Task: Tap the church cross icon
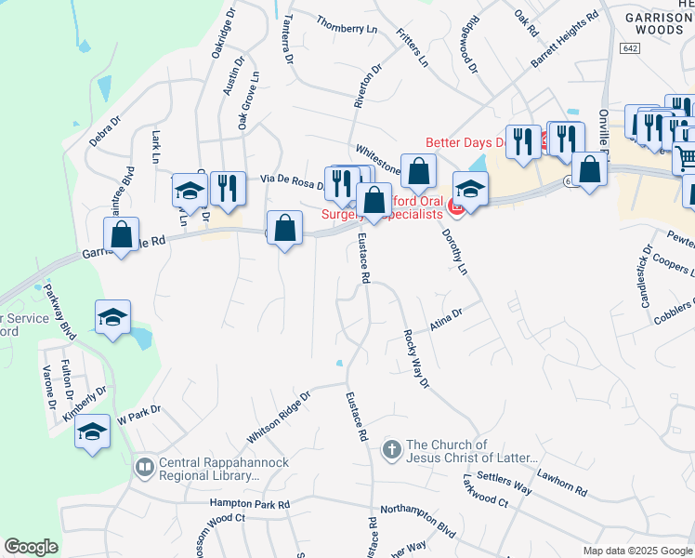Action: [392, 451]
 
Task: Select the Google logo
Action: [31, 547]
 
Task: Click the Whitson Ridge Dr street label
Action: [278, 417]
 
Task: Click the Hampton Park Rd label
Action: [250, 504]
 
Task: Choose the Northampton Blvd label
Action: [418, 520]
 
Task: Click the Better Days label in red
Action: [464, 142]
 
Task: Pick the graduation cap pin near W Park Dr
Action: [92, 432]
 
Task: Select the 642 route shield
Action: [631, 48]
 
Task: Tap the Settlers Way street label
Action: [505, 482]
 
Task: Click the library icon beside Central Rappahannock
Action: [144, 468]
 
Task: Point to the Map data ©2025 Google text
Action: [636, 551]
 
